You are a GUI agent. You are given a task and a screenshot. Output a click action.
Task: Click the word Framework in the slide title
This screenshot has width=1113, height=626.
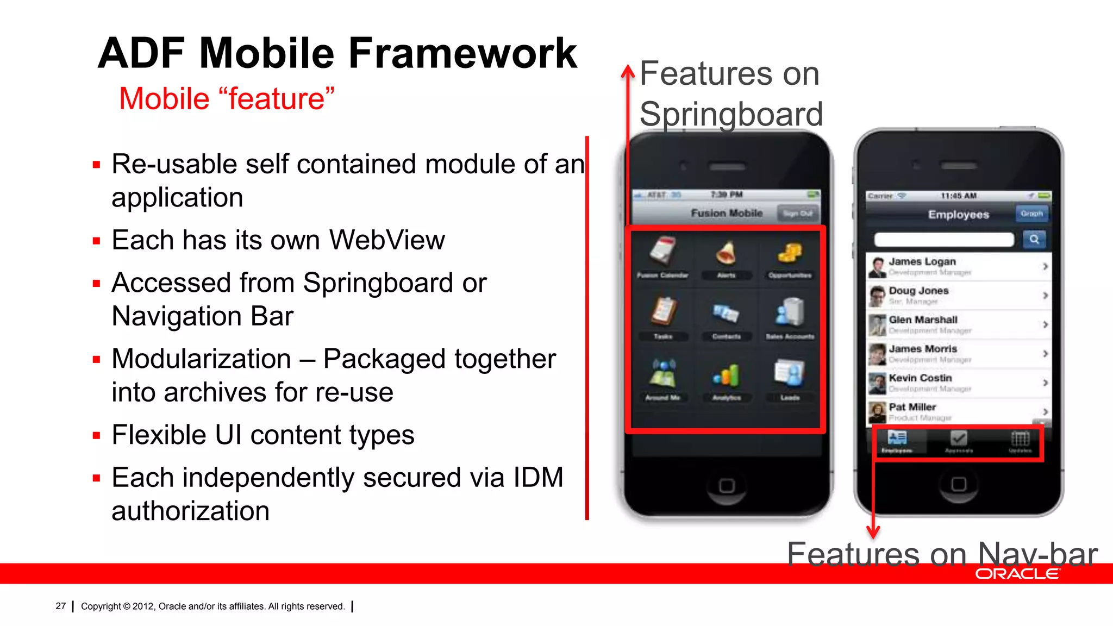(x=462, y=53)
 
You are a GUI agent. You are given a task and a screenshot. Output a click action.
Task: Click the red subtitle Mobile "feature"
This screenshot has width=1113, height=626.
(x=226, y=99)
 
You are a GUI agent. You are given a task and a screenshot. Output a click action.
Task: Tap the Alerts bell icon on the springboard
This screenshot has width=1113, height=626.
(x=726, y=253)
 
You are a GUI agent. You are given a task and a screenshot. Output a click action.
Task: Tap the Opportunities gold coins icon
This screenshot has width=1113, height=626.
(x=790, y=253)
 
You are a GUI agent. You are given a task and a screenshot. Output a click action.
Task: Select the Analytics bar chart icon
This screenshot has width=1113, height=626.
(x=727, y=375)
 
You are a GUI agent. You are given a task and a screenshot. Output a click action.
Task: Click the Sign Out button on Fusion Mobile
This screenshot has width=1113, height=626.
(x=797, y=214)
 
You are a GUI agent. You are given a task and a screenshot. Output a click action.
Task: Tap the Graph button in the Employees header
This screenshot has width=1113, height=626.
(x=1031, y=214)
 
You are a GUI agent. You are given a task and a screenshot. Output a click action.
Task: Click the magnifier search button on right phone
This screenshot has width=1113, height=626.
(x=1034, y=239)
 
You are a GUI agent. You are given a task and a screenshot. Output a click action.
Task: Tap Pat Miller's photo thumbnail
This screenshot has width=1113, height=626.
(x=877, y=412)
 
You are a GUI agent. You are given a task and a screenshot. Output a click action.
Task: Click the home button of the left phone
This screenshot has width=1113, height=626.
(x=727, y=485)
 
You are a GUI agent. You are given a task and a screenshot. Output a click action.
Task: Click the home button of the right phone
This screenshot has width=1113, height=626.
(x=959, y=484)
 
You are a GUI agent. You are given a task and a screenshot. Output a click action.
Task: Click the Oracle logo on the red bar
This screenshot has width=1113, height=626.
(x=1017, y=574)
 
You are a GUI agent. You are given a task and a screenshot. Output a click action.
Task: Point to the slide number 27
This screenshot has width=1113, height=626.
(x=60, y=606)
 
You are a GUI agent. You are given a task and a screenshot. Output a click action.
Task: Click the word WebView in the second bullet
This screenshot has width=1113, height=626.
(x=387, y=240)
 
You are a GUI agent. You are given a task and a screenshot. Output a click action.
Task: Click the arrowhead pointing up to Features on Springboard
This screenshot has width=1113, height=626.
(x=628, y=71)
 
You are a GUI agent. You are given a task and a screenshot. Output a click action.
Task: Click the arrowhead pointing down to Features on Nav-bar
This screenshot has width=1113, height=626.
(x=873, y=533)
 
